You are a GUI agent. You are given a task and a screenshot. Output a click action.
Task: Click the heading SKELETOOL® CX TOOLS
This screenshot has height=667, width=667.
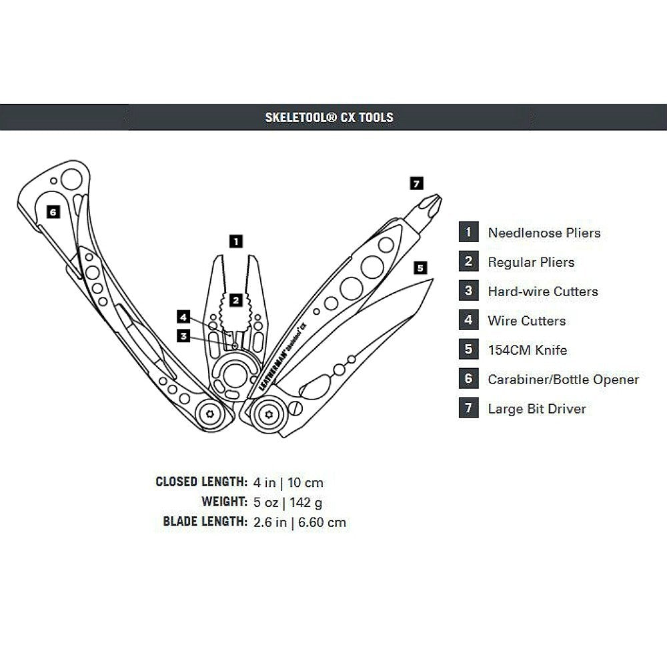pos(329,117)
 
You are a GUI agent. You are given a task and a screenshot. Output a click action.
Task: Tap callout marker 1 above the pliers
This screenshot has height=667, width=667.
pos(235,241)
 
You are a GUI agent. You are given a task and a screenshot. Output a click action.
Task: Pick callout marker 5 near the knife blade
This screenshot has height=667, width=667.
pos(420,267)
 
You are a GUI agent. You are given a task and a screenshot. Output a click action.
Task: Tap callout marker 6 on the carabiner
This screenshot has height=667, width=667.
pos(53,211)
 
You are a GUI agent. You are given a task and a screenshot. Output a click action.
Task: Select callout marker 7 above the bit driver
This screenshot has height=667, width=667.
pos(416,183)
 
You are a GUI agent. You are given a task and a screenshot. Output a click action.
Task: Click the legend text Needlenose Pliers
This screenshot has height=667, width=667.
pos(544,233)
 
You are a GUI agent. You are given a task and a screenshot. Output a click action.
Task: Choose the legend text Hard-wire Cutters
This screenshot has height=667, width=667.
pos(543,291)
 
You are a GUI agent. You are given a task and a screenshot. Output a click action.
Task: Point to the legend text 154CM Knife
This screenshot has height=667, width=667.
pos(528,350)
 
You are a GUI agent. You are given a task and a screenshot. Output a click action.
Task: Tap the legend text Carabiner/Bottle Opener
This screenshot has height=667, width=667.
pos(564,380)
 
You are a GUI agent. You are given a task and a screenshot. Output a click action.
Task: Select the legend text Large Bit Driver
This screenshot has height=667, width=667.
pos(537,409)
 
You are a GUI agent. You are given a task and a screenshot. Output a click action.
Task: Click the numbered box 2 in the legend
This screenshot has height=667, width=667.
pos(468,261)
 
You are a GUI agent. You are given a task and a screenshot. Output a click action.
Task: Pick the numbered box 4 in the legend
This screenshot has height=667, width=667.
pos(468,320)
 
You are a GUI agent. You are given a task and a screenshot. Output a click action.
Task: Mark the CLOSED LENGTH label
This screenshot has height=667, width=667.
pos(201,482)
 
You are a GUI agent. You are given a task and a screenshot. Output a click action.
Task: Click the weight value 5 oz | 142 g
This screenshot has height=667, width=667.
pos(288,502)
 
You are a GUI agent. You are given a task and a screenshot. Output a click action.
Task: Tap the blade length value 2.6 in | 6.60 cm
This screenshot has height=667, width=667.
pos(300,522)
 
